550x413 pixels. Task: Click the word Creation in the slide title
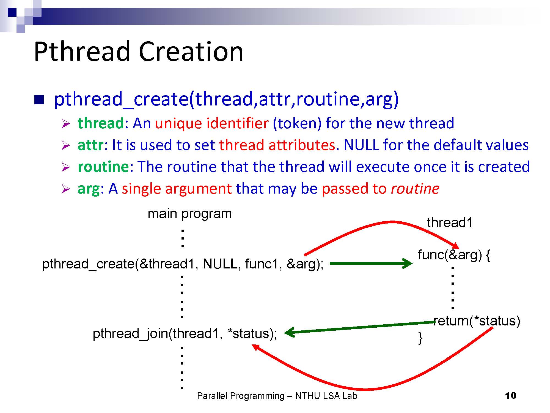191,51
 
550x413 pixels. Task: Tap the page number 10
511,396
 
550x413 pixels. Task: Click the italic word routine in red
415,189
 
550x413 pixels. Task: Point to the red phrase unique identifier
212,123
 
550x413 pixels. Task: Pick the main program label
190,214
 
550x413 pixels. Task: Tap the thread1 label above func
450,222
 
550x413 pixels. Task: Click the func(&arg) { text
454,255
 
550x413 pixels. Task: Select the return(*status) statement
477,321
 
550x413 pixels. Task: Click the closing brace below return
420,338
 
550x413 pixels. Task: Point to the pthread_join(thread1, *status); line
185,333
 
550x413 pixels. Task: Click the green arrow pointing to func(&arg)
371,263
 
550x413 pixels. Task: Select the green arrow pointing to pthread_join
359,327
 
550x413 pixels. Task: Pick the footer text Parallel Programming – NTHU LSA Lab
277,396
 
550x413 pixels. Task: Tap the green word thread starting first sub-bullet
101,123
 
